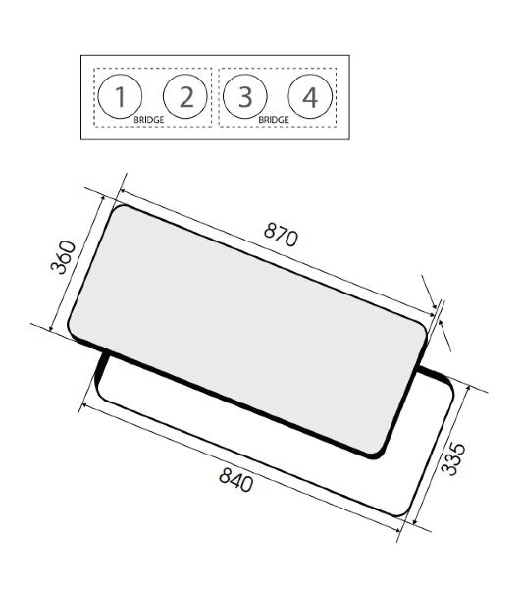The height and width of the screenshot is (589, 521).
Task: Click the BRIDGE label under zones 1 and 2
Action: (x=149, y=120)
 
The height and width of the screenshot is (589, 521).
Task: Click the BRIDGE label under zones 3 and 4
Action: (x=274, y=120)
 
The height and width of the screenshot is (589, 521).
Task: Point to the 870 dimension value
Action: (x=281, y=235)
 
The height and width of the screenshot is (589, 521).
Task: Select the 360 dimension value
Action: (x=63, y=257)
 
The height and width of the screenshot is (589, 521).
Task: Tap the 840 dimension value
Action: (x=235, y=479)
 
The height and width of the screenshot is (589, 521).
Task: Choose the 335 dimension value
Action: (x=453, y=459)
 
